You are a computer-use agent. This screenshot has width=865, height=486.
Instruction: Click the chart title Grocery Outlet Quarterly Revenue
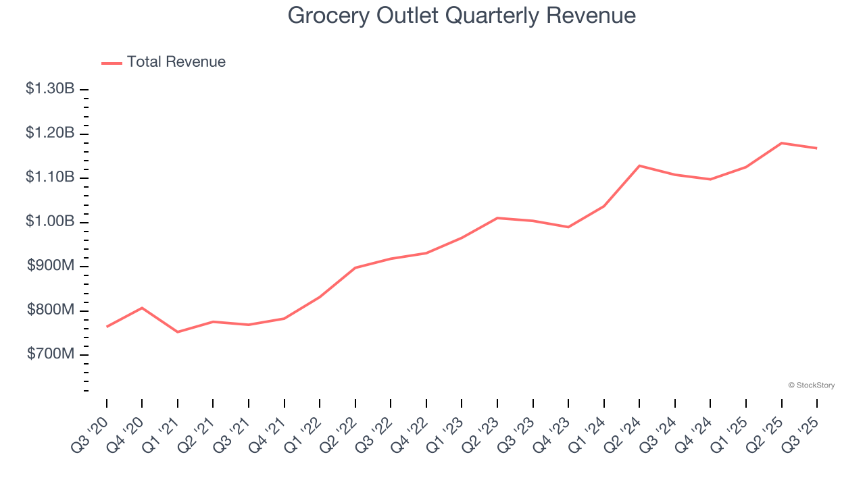tap(462, 15)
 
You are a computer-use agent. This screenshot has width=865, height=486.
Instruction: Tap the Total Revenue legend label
tap(176, 62)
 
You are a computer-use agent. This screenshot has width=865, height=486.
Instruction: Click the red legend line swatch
tap(112, 63)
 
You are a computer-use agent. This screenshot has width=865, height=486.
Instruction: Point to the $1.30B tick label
tap(50, 88)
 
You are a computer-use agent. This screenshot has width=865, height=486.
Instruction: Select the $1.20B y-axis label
tap(50, 133)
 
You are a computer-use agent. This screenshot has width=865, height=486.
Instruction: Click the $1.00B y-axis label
tap(50, 221)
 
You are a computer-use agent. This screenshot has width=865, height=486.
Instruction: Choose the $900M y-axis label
tap(51, 266)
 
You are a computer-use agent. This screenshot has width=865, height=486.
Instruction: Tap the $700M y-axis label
tap(51, 354)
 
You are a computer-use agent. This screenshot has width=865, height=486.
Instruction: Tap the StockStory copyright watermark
tap(811, 385)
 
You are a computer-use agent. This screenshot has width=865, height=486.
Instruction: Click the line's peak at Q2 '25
tap(782, 143)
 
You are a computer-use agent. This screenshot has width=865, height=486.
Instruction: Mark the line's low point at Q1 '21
tap(178, 332)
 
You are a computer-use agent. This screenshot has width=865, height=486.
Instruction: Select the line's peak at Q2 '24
tap(639, 165)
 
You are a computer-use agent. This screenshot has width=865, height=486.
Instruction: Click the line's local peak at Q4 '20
tap(142, 308)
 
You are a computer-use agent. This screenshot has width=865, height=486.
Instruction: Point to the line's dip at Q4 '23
tap(568, 227)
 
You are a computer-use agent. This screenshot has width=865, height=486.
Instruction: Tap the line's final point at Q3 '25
tap(817, 148)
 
